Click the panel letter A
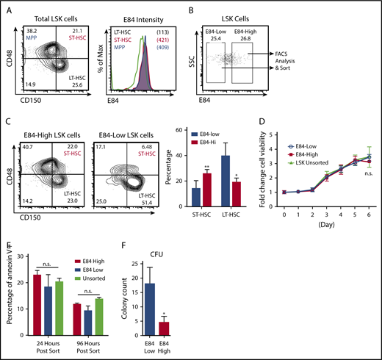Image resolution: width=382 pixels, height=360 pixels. (x=10, y=5)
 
